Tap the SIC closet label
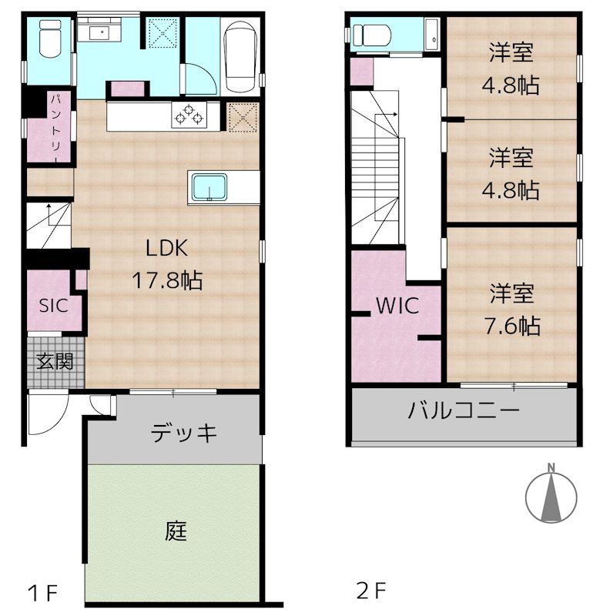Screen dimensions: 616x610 point(53,304)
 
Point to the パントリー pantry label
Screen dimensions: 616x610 point(56,127)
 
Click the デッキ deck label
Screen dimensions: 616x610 point(183,433)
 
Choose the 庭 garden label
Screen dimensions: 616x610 point(176,531)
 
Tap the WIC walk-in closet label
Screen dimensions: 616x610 point(397,306)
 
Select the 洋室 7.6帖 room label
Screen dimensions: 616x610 point(512,310)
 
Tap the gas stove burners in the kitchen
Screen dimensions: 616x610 point(190,117)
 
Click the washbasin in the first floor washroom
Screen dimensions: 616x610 point(98,32)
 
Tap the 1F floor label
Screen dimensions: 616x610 point(43,593)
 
